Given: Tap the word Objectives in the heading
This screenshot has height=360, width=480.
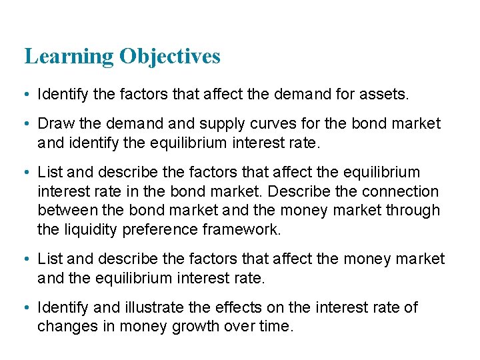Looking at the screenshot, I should [x=170, y=57].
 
